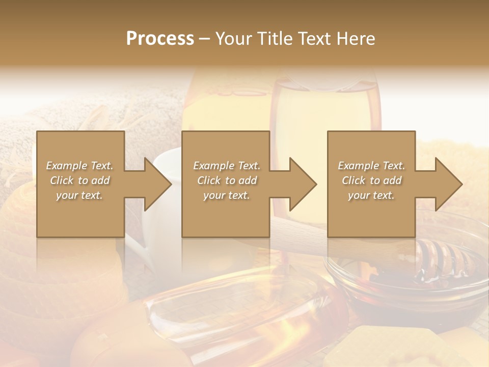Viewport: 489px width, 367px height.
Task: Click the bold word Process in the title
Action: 160,39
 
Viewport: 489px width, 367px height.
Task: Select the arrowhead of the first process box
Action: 158,184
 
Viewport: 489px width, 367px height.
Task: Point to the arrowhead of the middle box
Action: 303,184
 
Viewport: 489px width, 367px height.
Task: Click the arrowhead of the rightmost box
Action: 449,184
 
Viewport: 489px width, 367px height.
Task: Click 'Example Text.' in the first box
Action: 80,166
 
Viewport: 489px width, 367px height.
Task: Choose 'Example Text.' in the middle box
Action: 227,166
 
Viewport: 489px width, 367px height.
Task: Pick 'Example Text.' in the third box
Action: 371,166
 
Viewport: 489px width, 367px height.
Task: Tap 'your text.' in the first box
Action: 79,195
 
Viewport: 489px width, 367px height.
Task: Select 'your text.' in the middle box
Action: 227,195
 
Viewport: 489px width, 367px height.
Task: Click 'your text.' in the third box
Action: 371,195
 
